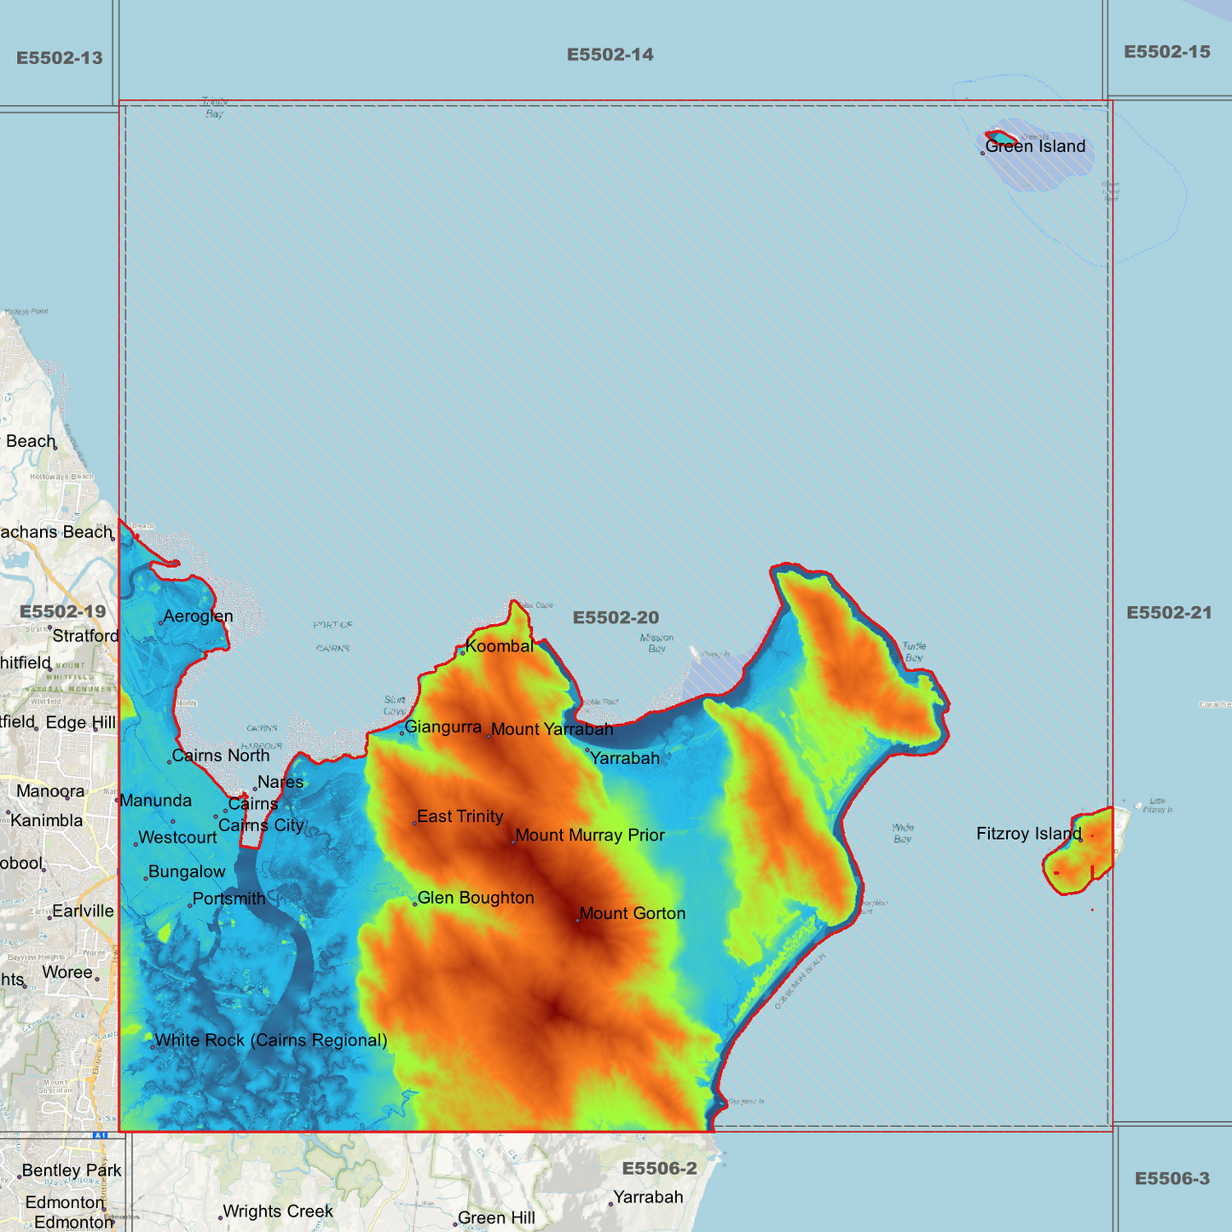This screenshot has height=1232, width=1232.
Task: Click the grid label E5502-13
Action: (x=60, y=58)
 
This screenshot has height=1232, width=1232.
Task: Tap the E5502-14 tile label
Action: (x=610, y=55)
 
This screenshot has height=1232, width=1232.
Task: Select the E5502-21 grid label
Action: (x=1169, y=613)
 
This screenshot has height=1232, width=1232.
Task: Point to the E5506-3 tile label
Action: (x=1172, y=1179)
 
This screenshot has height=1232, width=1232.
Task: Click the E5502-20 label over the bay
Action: (x=616, y=617)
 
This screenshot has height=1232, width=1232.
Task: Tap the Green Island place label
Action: (x=1035, y=147)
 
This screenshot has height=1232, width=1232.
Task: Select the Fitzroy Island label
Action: (x=1029, y=834)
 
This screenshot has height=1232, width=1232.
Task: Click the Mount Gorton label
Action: (x=632, y=914)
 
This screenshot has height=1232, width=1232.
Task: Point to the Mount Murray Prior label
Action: (x=590, y=836)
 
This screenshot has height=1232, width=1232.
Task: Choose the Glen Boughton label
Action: (x=476, y=898)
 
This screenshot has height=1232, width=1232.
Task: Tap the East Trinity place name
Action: (x=460, y=817)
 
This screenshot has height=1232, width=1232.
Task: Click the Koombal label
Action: (x=500, y=646)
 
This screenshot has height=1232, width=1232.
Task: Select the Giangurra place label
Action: (x=443, y=727)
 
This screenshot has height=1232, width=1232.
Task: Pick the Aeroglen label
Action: (x=198, y=616)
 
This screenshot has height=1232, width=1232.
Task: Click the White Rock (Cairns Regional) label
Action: (x=271, y=1040)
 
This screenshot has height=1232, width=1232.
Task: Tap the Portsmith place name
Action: (x=229, y=899)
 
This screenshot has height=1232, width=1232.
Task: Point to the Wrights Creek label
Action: (x=278, y=1212)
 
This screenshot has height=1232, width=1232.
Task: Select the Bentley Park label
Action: (x=72, y=1171)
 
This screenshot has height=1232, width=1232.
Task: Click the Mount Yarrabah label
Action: (x=552, y=729)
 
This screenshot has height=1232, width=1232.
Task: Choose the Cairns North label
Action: (x=221, y=755)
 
